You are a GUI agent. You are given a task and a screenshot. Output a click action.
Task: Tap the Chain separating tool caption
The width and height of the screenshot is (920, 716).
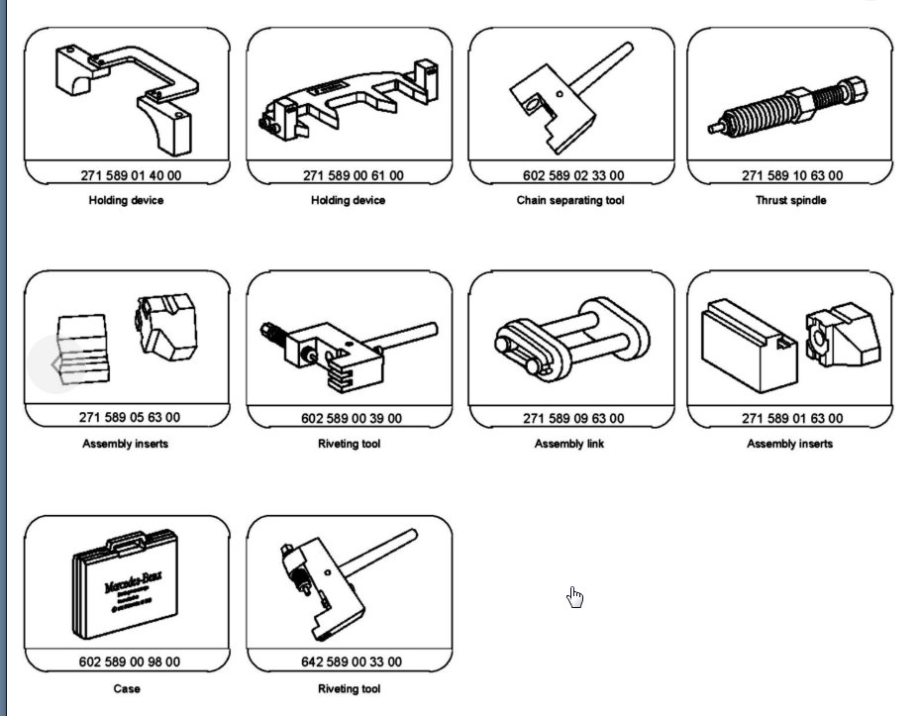[570, 200]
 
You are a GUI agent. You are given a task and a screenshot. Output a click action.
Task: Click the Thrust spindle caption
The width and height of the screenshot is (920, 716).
[789, 200]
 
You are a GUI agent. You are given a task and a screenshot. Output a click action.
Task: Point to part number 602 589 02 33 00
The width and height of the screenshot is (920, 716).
[573, 175]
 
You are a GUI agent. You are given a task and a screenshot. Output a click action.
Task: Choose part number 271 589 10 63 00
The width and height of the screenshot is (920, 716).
[792, 175]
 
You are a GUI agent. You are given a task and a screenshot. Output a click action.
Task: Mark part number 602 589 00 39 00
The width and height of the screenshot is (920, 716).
[352, 419]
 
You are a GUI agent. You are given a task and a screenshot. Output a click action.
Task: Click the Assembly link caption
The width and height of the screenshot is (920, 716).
[569, 444]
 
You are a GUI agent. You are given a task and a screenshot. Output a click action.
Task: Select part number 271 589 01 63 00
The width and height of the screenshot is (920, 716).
[792, 419]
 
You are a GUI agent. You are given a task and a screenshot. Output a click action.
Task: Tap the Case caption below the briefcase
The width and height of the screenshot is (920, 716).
[127, 688]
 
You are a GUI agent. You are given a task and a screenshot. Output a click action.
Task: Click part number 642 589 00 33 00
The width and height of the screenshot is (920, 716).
[352, 662]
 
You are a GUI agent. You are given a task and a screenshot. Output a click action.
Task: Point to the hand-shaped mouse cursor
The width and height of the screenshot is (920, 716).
[575, 596]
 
